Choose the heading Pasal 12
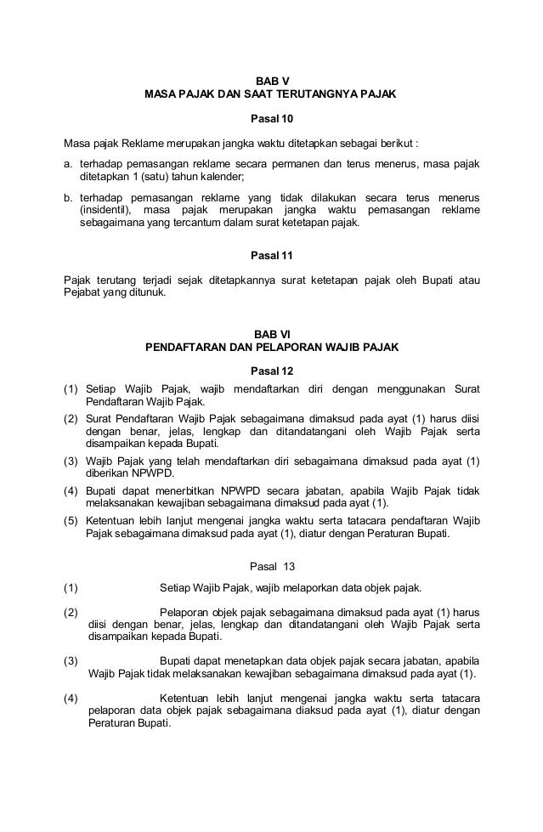(x=271, y=371)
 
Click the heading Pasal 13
(x=271, y=567)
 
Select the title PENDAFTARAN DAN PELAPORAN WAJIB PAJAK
(x=271, y=348)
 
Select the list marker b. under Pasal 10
(x=69, y=195)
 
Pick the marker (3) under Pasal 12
(x=71, y=461)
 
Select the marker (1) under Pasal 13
(x=71, y=588)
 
